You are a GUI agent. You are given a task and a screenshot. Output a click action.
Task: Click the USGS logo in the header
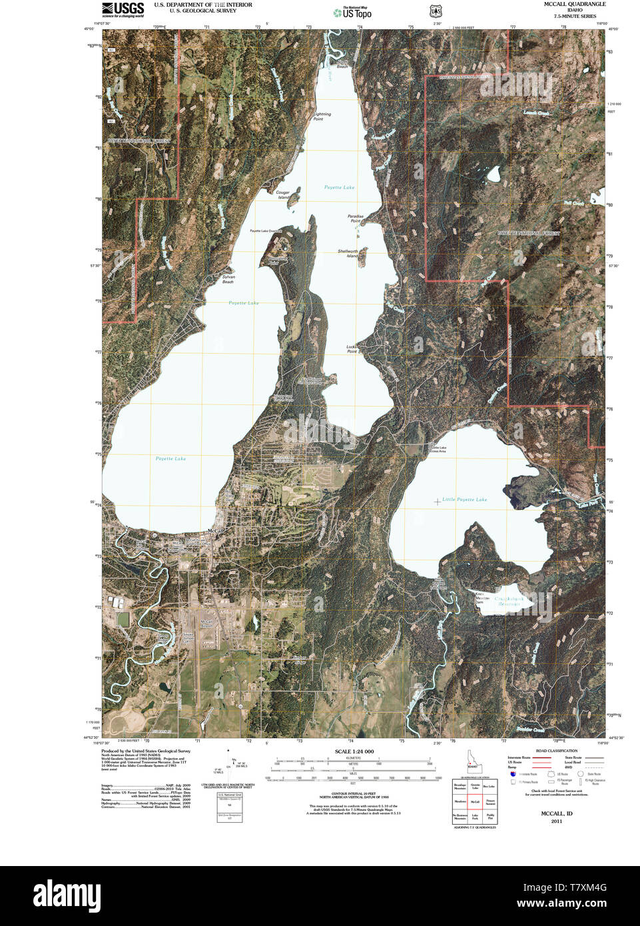(x=123, y=9)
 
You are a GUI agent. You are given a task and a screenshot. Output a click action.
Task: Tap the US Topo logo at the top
(x=352, y=12)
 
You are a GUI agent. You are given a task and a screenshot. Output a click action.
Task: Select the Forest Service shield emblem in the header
(x=435, y=11)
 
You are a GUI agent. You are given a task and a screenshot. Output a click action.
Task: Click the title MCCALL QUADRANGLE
(x=575, y=4)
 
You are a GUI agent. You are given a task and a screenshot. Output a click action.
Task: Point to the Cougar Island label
(x=283, y=195)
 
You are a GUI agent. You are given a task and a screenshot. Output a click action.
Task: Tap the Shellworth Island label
(x=348, y=253)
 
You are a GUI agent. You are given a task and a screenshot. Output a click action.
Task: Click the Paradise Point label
(x=356, y=218)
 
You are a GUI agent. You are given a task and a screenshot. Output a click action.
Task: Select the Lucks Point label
(x=352, y=348)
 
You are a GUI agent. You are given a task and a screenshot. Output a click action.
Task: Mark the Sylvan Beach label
(x=228, y=278)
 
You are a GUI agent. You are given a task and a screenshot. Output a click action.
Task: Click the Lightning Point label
(x=322, y=116)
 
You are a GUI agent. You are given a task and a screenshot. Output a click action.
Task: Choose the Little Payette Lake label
(x=465, y=499)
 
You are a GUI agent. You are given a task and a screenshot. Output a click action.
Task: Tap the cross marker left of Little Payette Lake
(x=437, y=501)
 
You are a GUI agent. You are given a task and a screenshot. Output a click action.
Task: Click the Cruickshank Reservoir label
(x=509, y=601)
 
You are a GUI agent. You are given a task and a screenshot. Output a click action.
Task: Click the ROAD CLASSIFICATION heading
(x=550, y=751)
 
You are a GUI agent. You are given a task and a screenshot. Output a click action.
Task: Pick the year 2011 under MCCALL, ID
(x=556, y=821)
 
